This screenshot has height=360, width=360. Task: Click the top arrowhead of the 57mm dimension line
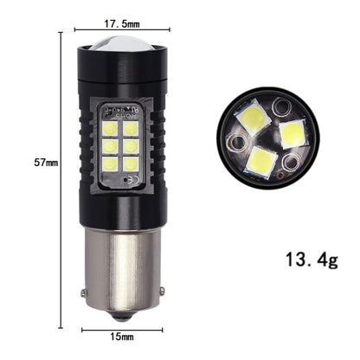[x=61, y=35]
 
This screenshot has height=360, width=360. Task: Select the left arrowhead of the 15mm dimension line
[x=85, y=329]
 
